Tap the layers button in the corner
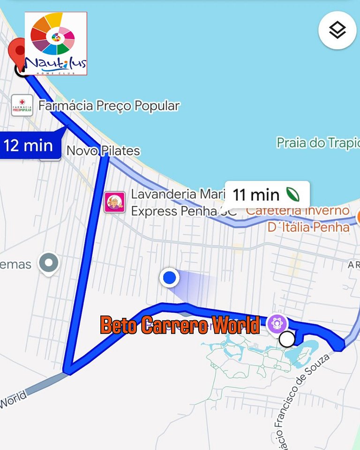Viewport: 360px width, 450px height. click(337, 30)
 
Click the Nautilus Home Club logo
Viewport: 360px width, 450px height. click(56, 44)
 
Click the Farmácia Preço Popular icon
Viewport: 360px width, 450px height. click(22, 106)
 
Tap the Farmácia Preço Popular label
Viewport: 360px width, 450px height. click(109, 106)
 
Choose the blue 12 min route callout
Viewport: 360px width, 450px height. click(29, 145)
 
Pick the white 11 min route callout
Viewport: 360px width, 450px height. click(266, 194)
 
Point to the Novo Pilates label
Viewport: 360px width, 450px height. click(103, 151)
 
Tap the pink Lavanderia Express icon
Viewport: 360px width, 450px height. click(114, 202)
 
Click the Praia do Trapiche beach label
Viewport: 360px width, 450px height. click(318, 143)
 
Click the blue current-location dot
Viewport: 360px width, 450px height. click(169, 278)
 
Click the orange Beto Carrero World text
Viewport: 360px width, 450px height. click(180, 325)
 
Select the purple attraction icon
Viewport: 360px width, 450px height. click(277, 323)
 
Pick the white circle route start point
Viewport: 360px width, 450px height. click(287, 338)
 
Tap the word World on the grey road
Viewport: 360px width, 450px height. click(13, 401)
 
